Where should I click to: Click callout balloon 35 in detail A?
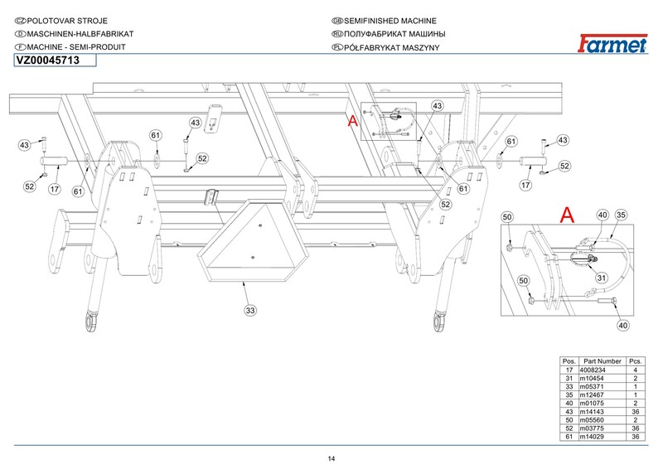click(621, 215)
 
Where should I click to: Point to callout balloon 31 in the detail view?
click(602, 278)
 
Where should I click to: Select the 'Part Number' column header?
click(603, 361)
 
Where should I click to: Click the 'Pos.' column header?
click(569, 361)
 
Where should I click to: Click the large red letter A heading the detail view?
click(567, 215)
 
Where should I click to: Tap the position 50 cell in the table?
click(569, 419)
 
